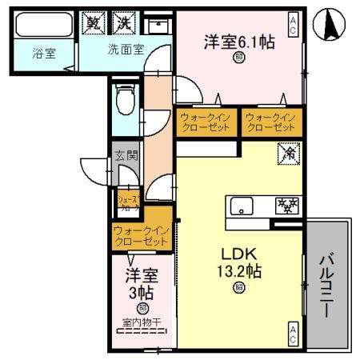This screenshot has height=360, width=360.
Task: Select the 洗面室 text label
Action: point(126,50)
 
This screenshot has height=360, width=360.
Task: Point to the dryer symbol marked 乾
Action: point(95,22)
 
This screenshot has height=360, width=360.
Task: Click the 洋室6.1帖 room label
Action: point(239,42)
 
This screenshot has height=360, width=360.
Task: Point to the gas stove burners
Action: point(284,206)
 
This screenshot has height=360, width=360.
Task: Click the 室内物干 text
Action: point(142,322)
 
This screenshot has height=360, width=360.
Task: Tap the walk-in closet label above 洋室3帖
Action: point(140,235)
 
